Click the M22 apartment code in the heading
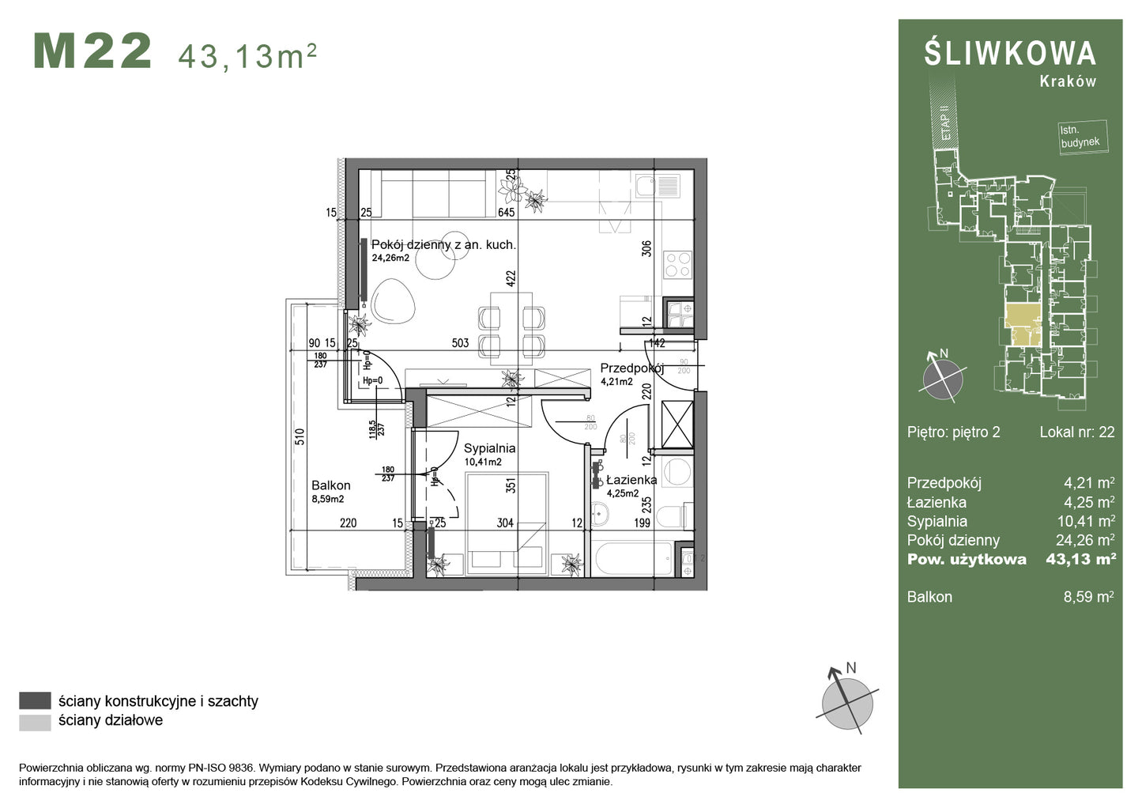(92, 52)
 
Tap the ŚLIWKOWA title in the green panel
(1010, 54)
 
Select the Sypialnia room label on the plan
(489, 448)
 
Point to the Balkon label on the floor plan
(330, 485)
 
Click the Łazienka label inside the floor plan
(631, 480)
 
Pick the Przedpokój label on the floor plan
(631, 368)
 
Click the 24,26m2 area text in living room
(390, 258)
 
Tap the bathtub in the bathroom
(631, 561)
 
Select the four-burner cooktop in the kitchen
(677, 265)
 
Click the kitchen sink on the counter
(658, 186)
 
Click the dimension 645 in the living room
(506, 212)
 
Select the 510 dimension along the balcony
(300, 437)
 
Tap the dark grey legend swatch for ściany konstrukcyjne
(35, 700)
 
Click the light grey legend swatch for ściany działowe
(35, 721)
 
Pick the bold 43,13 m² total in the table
(1080, 559)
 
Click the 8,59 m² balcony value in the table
(1088, 597)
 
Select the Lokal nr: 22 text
(1076, 432)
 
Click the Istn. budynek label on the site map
(1080, 136)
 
